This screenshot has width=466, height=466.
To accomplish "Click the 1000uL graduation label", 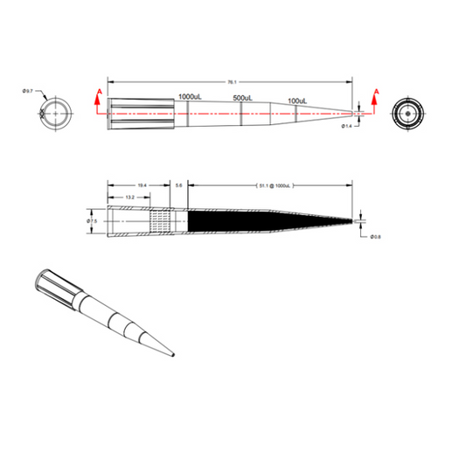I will tap(191, 95).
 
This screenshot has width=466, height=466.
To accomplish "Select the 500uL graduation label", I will tap(242, 98).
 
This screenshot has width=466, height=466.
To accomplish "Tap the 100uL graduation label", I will tap(297, 101).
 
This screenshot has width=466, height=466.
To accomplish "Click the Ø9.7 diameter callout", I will tap(28, 91).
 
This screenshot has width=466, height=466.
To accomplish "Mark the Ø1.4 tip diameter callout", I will tap(347, 127).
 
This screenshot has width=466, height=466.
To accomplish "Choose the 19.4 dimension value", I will tap(142, 185).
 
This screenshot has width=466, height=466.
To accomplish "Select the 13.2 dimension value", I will tap(129, 198).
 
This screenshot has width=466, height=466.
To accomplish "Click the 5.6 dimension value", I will tap(179, 185).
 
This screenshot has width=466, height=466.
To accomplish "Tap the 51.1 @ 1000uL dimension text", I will tap(274, 186).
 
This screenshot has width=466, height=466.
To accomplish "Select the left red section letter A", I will tap(99, 91).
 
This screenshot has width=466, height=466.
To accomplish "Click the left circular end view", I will tap(56, 113).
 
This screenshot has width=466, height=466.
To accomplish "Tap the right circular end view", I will tap(407, 113).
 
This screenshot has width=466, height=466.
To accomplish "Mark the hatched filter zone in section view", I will tap(163, 221).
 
